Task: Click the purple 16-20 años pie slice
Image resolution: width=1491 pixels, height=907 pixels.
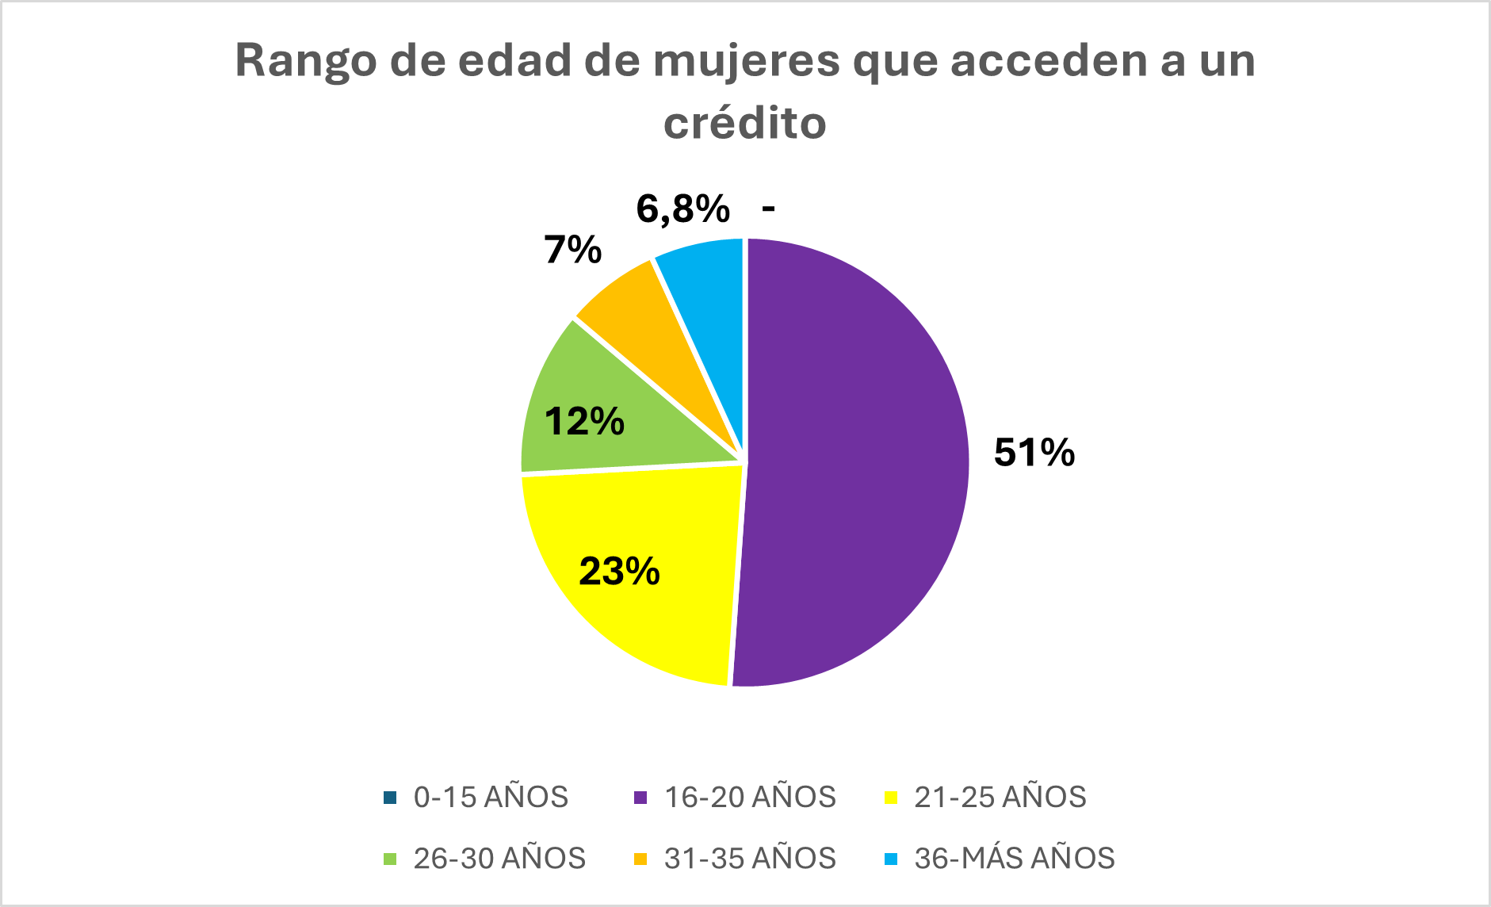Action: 856,460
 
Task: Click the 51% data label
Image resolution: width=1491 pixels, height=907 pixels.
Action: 1034,453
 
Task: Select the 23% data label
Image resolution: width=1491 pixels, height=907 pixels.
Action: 619,571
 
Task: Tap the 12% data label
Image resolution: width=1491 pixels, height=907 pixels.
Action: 584,421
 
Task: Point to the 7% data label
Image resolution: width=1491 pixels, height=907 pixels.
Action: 572,250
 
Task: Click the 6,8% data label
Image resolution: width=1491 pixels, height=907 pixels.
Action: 682,209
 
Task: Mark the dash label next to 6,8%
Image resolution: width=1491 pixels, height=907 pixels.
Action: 767,209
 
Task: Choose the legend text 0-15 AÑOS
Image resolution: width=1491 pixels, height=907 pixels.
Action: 491,797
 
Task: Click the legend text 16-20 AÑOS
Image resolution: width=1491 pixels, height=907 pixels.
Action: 750,797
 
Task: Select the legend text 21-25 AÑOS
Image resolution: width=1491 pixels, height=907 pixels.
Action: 1000,797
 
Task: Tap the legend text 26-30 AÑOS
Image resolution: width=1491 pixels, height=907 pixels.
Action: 499,858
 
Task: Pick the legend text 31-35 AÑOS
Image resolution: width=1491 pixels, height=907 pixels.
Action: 750,858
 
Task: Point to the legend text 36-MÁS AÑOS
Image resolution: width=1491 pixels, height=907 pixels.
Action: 1014,858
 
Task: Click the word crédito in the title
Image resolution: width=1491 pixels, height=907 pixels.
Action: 745,123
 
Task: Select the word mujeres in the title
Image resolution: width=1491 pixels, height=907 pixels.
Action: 746,61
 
